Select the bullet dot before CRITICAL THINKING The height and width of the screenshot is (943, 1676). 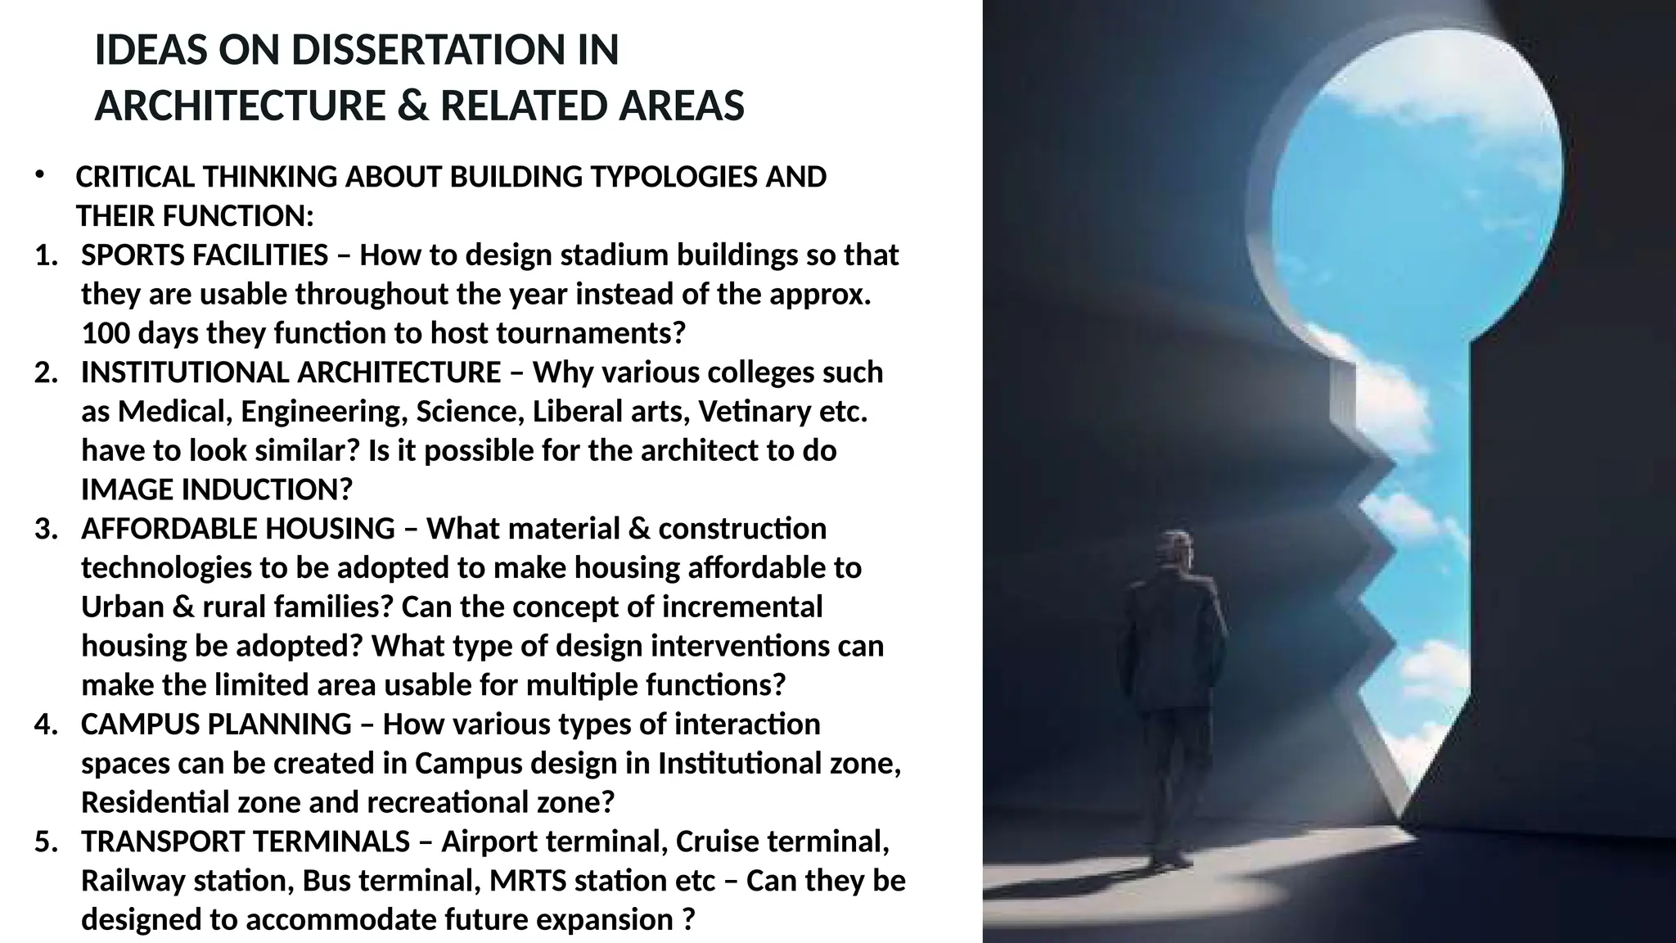tap(39, 174)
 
